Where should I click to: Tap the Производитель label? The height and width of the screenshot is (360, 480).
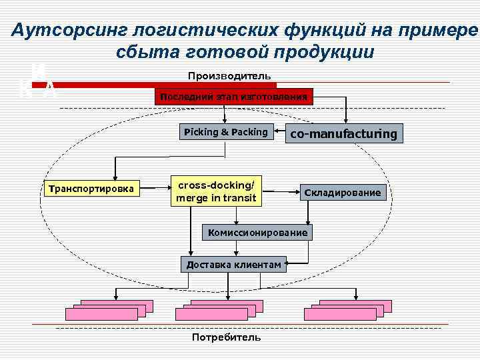[x=229, y=76]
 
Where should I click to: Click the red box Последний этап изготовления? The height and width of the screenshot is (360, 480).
[x=233, y=97]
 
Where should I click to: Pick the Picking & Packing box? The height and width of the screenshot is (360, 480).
[x=225, y=132]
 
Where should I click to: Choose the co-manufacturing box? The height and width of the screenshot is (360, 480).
[x=343, y=134]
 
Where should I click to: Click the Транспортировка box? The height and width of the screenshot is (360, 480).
[x=91, y=189]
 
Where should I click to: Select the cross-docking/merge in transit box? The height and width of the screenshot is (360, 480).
[x=215, y=191]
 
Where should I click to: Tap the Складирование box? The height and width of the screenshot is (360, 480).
[x=343, y=193]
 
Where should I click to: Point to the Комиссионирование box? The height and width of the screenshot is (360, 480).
[x=257, y=233]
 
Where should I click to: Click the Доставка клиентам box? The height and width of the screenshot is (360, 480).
[x=234, y=265]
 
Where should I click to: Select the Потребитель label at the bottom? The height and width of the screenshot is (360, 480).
[x=226, y=337]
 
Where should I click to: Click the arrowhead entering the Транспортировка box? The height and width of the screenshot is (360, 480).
[x=115, y=177]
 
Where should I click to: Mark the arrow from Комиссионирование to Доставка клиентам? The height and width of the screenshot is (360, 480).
[x=237, y=247]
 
